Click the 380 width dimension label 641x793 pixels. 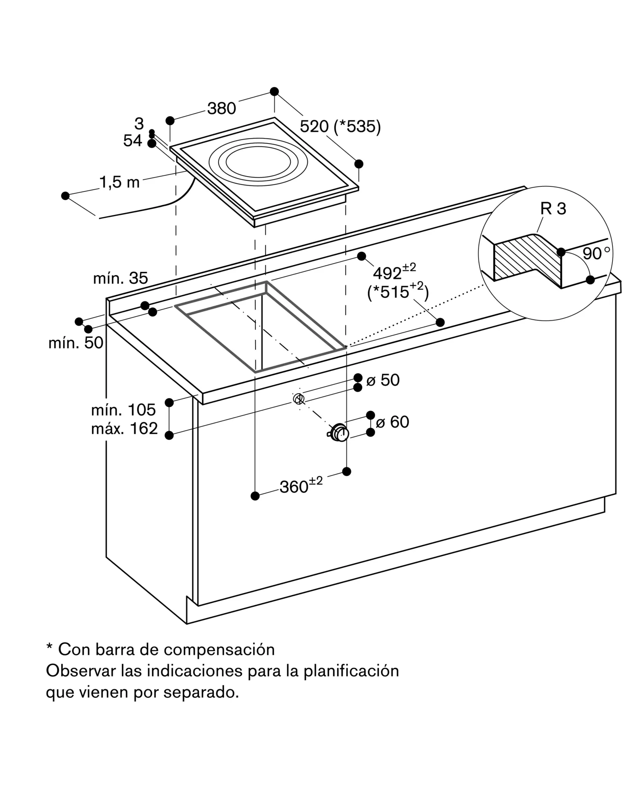point(222,108)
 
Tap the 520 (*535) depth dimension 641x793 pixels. point(340,126)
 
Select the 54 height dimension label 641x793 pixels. point(132,141)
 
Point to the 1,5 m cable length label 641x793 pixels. point(119,182)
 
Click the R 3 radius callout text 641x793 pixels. point(553,209)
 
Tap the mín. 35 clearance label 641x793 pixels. point(121,278)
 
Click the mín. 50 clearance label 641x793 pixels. point(76,343)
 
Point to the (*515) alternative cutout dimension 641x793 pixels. point(398,291)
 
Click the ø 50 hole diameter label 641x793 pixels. point(383,380)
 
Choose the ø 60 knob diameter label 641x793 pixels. point(392,422)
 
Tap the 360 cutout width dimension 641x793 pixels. point(301,486)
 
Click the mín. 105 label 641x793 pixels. point(123,410)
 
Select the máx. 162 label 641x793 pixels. point(125,429)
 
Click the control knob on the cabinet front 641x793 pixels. point(339,433)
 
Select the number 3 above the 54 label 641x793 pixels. point(139,124)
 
